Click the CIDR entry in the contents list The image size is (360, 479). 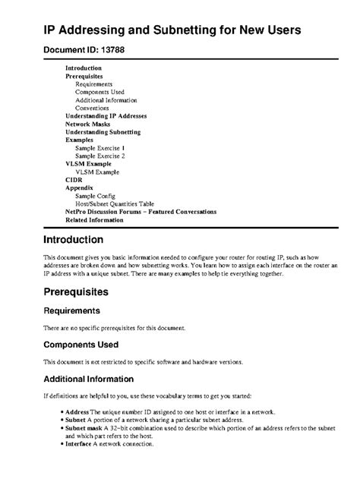click(74, 179)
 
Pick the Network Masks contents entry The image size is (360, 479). click(88, 124)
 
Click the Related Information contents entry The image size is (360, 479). click(94, 219)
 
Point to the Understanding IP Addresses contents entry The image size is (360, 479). click(106, 116)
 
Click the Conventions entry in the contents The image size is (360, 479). click(92, 108)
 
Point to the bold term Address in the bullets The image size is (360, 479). click(78, 411)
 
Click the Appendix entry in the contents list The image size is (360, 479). click(79, 188)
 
